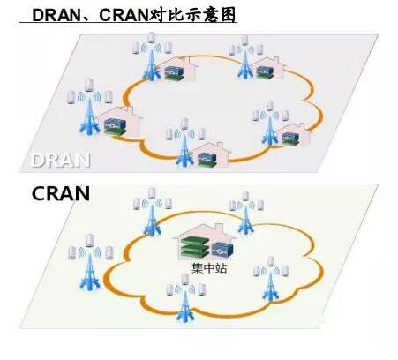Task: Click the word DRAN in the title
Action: tap(56, 15)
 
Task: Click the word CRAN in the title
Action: tap(124, 15)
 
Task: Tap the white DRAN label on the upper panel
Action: tap(60, 161)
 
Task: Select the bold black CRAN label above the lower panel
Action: tap(61, 193)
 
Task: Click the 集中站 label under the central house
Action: tap(209, 268)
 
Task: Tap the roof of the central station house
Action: tap(205, 232)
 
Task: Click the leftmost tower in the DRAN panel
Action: tap(90, 116)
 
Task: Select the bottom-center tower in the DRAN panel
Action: tap(184, 151)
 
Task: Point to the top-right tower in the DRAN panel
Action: tap(244, 63)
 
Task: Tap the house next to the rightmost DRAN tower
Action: tap(293, 135)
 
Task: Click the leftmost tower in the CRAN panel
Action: tap(90, 272)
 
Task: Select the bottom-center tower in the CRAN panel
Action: tap(184, 306)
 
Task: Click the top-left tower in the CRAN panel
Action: tap(152, 220)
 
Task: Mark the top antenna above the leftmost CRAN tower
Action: tap(89, 240)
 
